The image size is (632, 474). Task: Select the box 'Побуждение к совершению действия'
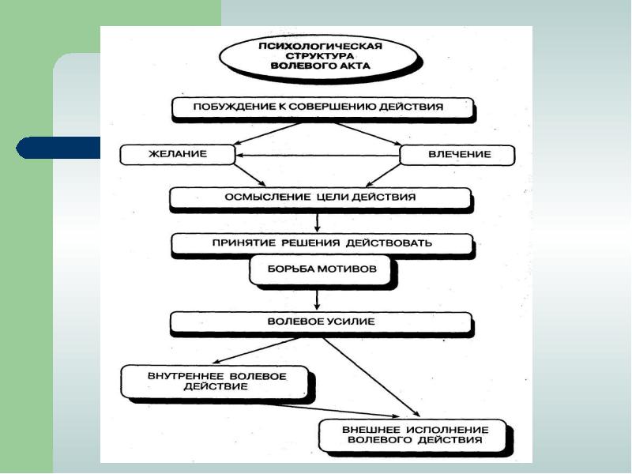322,107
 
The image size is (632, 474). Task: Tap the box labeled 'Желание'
177,154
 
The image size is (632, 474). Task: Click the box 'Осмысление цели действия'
320,197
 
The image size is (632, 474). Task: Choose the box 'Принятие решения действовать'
322,243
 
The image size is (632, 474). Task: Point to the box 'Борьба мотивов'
320,269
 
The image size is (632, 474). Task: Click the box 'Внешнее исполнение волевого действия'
414,434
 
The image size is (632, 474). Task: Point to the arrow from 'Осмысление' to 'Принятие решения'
317,222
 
